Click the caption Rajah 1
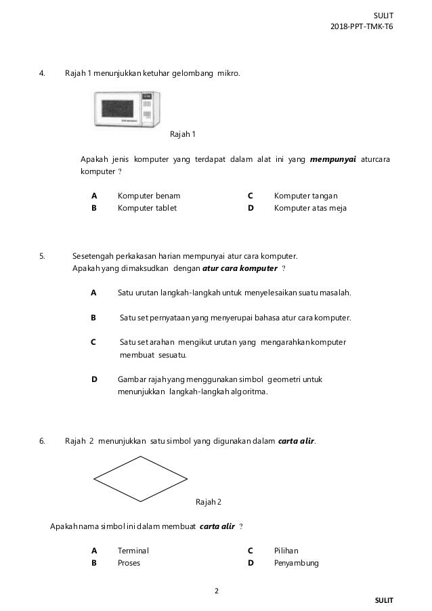(x=182, y=133)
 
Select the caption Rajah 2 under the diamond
(x=209, y=502)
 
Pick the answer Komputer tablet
(x=147, y=208)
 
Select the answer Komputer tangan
(x=306, y=196)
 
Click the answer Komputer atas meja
(x=310, y=208)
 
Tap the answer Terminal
(x=133, y=551)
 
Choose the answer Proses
(x=129, y=563)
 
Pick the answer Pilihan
(x=286, y=551)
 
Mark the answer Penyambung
(x=296, y=563)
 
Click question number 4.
(x=42, y=72)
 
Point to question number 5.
(x=42, y=257)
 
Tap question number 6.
(x=42, y=442)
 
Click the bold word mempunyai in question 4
(x=332, y=159)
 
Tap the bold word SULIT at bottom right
(x=383, y=600)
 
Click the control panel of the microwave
(x=147, y=110)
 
